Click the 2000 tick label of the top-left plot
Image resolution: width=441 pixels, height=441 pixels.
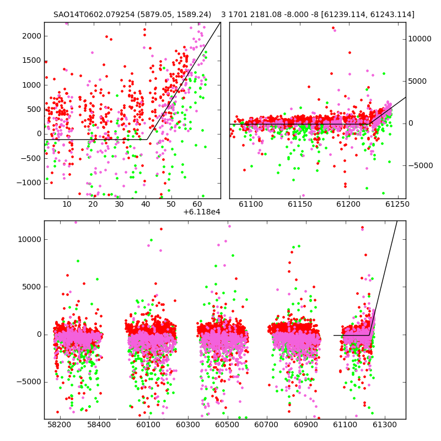pos(31,36)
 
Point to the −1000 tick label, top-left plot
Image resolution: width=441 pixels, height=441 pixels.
pos(29,183)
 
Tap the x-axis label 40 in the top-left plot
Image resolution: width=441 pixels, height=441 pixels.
pos(146,204)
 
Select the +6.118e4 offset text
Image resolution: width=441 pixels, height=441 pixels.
pos(202,212)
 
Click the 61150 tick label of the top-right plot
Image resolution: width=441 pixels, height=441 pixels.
pos(300,204)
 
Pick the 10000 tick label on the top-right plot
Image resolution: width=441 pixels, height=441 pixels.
pos(420,39)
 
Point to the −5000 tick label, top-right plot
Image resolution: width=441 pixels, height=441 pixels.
pos(421,165)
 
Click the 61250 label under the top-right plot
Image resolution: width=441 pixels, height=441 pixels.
pos(397,204)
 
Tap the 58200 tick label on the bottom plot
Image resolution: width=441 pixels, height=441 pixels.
pos(60,424)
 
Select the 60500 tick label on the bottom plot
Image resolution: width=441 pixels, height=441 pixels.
pos(227,424)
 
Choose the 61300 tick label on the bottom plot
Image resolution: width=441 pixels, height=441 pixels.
pos(384,424)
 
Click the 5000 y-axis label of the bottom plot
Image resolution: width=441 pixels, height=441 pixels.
pos(32,287)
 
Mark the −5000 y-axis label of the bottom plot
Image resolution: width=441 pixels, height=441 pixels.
pos(29,382)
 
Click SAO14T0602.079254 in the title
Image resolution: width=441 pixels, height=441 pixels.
pos(94,14)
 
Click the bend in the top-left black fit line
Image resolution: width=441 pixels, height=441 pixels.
pos(147,139)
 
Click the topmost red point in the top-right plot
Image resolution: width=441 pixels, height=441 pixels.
pos(334,28)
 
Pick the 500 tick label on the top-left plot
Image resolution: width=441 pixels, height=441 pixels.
pos(34,109)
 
